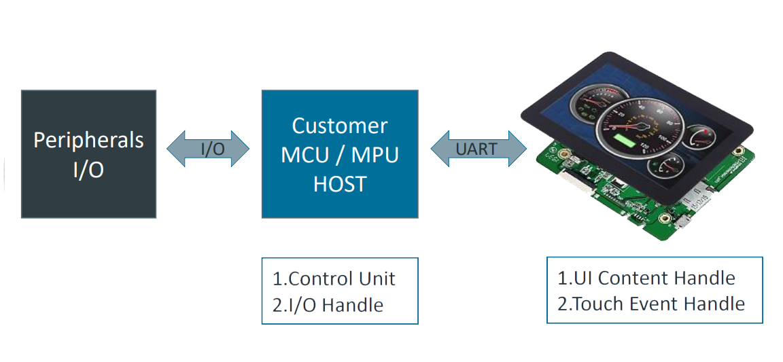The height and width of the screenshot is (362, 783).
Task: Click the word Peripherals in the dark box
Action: point(88,141)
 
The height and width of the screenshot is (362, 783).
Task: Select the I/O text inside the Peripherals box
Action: point(88,170)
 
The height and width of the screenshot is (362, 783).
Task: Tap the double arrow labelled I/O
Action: point(208,149)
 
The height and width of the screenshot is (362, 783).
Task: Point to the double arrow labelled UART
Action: point(478,149)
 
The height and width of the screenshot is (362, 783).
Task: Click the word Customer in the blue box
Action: point(340,126)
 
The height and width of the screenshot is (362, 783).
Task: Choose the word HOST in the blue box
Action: point(340,184)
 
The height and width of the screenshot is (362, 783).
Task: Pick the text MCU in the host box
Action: point(304,156)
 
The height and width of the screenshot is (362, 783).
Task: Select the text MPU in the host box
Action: point(375,156)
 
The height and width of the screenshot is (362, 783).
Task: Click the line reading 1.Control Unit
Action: point(334,278)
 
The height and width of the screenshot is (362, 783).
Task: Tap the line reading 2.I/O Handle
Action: point(328,304)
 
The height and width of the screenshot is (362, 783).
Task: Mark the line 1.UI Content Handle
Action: point(646,278)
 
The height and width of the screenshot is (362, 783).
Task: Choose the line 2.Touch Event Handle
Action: point(651,304)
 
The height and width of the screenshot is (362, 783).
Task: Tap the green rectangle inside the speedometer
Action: point(624,140)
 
